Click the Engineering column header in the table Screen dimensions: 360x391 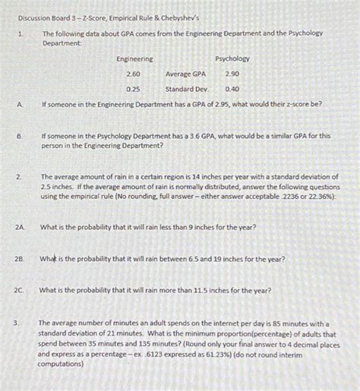pos(134,59)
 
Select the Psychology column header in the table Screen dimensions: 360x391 pos(232,59)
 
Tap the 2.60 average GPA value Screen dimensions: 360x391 pos(134,74)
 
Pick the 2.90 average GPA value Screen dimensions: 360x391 pos(232,74)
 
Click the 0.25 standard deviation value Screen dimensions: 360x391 pos(134,89)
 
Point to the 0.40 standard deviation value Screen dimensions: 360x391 pos(232,89)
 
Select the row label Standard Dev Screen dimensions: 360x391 pos(187,89)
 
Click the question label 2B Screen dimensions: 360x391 pos(21,259)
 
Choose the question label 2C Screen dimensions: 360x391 pos(21,290)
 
